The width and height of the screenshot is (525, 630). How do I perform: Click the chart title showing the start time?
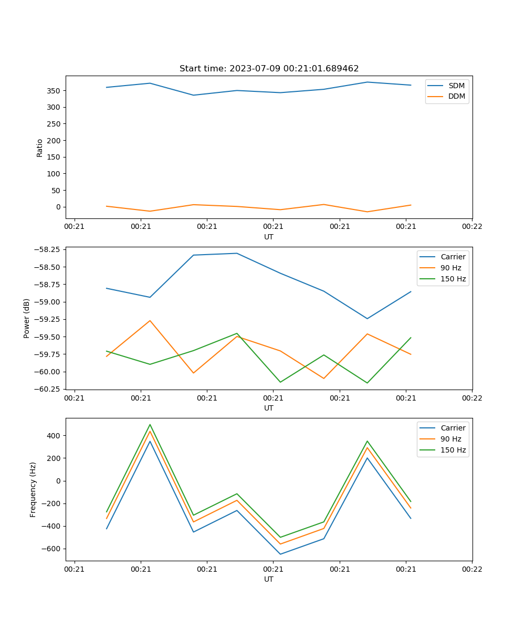click(x=269, y=69)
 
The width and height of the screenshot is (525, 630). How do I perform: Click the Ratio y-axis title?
click(x=40, y=148)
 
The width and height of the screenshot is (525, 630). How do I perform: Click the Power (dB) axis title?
click(x=26, y=318)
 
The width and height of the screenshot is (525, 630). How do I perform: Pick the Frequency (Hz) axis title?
click(x=33, y=489)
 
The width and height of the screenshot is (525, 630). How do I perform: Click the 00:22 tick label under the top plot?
click(x=472, y=227)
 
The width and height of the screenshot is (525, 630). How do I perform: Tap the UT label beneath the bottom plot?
click(x=269, y=579)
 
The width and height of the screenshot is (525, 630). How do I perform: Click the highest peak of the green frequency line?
click(x=150, y=425)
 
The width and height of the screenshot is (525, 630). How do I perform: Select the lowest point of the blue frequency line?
click(x=280, y=554)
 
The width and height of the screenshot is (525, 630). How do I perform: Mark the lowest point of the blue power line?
click(x=367, y=319)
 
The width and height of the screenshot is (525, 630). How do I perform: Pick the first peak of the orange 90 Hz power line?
click(x=150, y=320)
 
